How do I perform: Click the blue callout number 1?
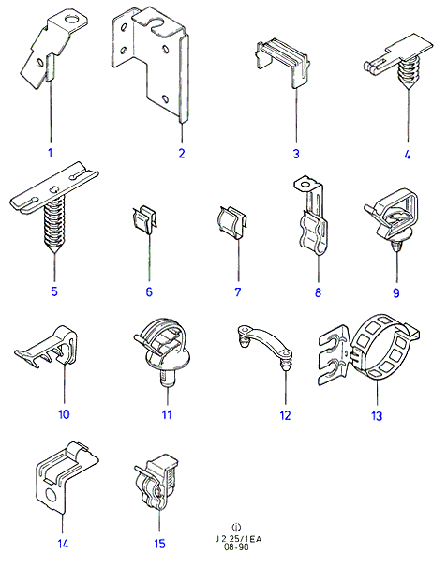pos(51,153)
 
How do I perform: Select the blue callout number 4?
pos(407,155)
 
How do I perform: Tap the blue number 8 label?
pos(318,292)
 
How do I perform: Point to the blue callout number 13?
pos(377,416)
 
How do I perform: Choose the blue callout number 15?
pos(159,544)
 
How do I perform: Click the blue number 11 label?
pos(167,414)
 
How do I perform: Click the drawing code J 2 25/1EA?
pos(238,539)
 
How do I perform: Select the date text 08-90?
pos(236,546)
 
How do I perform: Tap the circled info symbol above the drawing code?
pos(236,527)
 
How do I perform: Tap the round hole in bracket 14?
pos(52,495)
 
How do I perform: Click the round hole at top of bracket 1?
pos(71,19)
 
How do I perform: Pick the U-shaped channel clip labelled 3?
pos(283,62)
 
